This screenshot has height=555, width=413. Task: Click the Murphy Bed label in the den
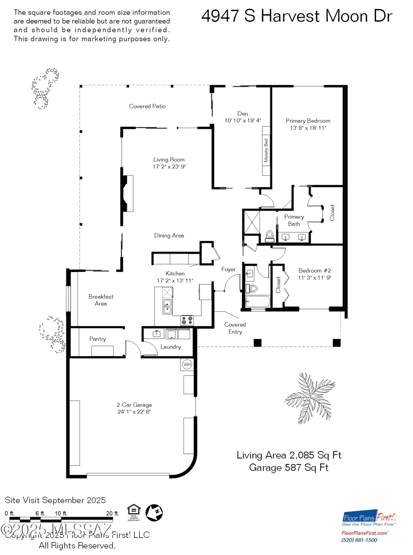pyautogui.click(x=266, y=151)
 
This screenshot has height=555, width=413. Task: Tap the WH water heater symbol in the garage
pyautogui.click(x=187, y=364)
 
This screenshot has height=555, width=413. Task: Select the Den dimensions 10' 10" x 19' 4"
pyautogui.click(x=243, y=120)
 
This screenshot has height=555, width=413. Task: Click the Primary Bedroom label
pyautogui.click(x=308, y=121)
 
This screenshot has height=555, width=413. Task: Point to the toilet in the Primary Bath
pyautogui.click(x=270, y=235)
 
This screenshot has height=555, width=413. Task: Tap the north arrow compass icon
pyautogui.click(x=154, y=513)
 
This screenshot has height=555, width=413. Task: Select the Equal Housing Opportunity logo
pyautogui.click(x=133, y=512)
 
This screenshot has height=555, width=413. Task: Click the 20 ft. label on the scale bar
pyautogui.click(x=112, y=514)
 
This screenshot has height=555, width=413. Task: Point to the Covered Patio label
pyautogui.click(x=147, y=106)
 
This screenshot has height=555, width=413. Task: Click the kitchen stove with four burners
pyautogui.click(x=187, y=320)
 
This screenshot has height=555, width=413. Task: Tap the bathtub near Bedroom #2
pyautogui.click(x=258, y=302)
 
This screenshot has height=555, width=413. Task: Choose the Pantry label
pyautogui.click(x=98, y=339)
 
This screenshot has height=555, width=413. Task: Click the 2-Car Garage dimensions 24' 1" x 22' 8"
pyautogui.click(x=134, y=411)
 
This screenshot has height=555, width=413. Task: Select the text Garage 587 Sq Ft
pyautogui.click(x=289, y=468)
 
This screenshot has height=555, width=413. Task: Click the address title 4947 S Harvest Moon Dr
pyautogui.click(x=297, y=16)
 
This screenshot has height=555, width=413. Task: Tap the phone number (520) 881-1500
pyautogui.click(x=359, y=540)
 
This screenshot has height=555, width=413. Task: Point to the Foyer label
pyautogui.click(x=228, y=269)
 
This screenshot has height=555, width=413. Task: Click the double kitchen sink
pyautogui.click(x=167, y=307)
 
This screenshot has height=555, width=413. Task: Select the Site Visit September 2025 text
pyautogui.click(x=55, y=500)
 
